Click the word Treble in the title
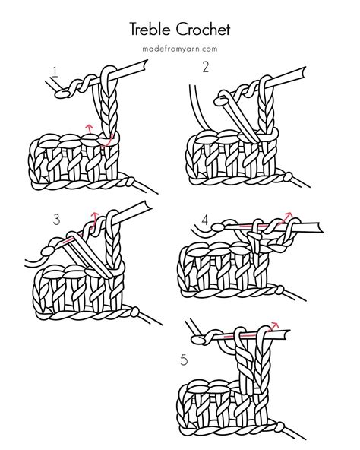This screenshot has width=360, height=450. [152, 29]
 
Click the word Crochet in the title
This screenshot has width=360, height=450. [204, 29]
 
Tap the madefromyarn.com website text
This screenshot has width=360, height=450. [180, 49]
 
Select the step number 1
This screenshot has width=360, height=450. [55, 73]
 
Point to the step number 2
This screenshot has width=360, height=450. [205, 67]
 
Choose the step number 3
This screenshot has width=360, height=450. [56, 220]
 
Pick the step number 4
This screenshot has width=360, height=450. [204, 220]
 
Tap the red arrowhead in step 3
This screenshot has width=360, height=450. [94, 214]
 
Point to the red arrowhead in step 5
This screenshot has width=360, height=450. [275, 326]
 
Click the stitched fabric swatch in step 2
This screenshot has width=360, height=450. [228, 156]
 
